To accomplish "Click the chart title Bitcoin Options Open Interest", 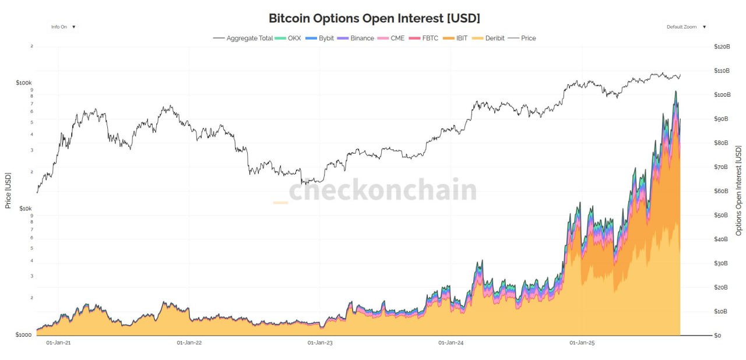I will point(374,18).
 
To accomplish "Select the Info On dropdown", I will point(63,27).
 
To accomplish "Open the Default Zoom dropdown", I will point(686,27).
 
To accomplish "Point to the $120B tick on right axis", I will point(722,47).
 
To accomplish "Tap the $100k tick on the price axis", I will point(23,83).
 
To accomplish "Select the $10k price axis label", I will point(25,209).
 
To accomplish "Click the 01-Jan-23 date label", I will point(320,343).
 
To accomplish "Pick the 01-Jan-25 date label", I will point(581,343).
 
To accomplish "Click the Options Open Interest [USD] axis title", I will point(739,190).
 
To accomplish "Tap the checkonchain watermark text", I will point(382,190).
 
